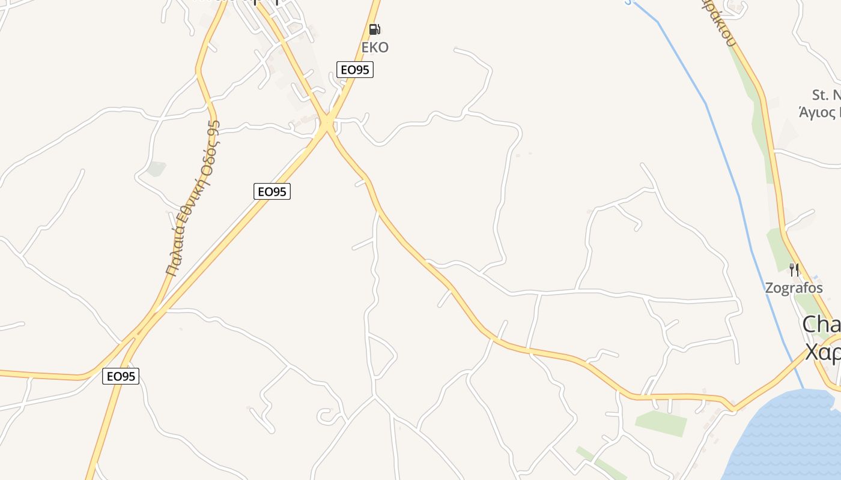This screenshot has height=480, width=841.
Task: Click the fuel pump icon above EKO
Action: coord(374,29)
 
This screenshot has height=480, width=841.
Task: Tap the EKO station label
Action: coord(374,47)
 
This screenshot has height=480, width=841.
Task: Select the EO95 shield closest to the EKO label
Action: coord(354,70)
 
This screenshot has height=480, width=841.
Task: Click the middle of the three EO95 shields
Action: coord(272,191)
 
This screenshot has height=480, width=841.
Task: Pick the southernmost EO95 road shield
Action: coord(121,376)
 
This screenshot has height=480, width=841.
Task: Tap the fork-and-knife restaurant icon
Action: coord(794,269)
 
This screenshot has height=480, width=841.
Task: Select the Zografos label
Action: coord(794,288)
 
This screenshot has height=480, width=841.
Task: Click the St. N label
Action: coord(825,95)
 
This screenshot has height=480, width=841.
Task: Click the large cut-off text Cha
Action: coord(821,325)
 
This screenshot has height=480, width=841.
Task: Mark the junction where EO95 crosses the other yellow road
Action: coord(327,124)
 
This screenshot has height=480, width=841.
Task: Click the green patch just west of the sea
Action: coord(661,423)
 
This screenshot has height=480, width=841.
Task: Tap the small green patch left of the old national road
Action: coord(156,169)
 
